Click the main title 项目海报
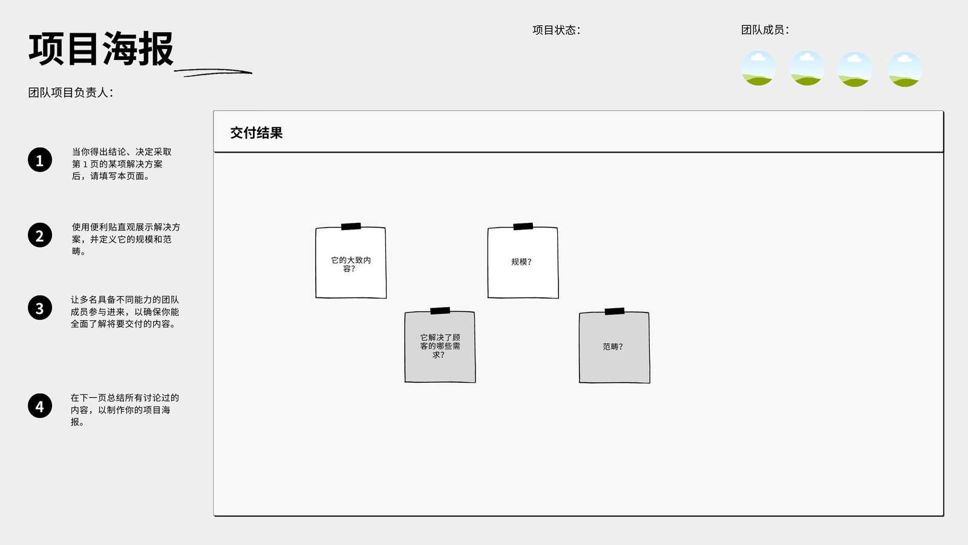click(x=101, y=48)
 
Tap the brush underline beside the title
click(x=213, y=72)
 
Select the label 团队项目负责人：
click(x=71, y=93)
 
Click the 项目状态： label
click(x=557, y=30)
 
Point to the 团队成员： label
click(x=765, y=30)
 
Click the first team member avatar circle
click(x=759, y=68)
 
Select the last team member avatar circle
click(x=905, y=69)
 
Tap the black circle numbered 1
click(x=40, y=160)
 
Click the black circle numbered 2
click(x=40, y=236)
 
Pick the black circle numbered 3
click(x=40, y=308)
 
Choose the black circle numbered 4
click(x=40, y=406)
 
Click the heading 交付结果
click(x=257, y=133)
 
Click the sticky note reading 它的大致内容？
click(x=351, y=262)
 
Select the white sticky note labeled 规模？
click(x=523, y=262)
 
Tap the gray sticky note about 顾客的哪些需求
click(x=440, y=346)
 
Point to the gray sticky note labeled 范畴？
click(x=614, y=347)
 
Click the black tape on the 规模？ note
click(x=523, y=226)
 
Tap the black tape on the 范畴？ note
click(x=615, y=311)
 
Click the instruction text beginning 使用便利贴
click(x=126, y=239)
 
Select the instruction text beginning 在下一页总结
click(x=125, y=409)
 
